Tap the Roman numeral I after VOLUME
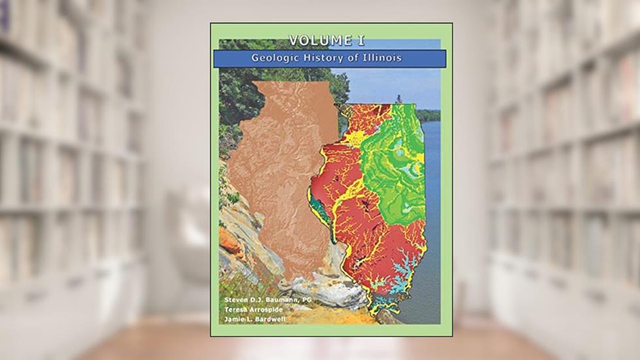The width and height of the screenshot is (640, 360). point(360,41)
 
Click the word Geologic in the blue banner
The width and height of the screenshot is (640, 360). point(275,58)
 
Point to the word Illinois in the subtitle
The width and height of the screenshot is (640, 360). point(379,58)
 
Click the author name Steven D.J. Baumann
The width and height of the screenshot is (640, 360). point(253,299)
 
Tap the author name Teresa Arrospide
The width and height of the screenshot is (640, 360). point(249,310)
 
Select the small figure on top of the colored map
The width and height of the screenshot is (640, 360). point(398,99)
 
